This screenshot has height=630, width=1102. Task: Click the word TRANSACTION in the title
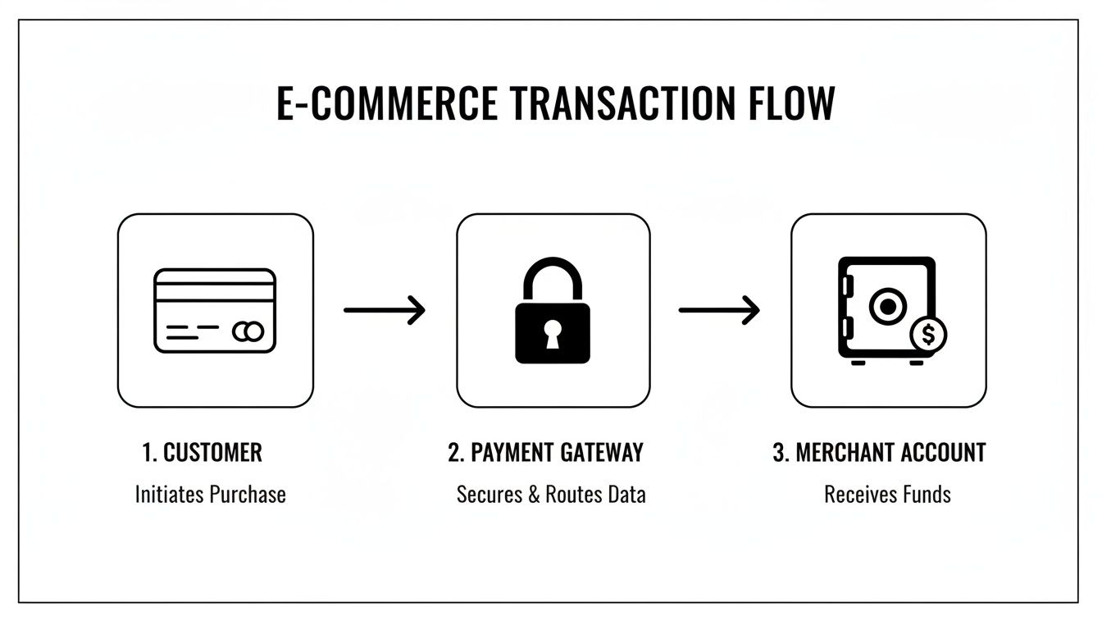pos(624,104)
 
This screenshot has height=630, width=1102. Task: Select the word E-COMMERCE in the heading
pos(386,104)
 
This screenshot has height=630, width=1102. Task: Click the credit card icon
pos(215,311)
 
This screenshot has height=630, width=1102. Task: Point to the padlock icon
pos(552,313)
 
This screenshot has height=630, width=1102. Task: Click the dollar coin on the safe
pos(928,334)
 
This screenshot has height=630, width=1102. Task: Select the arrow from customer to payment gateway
pos(385,310)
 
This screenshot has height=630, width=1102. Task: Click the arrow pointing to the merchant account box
pos(719,310)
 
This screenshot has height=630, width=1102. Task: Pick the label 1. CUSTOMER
pos(202,452)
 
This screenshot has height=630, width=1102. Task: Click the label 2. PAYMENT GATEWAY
pos(545,452)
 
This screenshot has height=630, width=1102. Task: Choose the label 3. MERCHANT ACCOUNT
pos(879,452)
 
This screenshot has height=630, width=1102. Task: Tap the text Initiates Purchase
pos(210,495)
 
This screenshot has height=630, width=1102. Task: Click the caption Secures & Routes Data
pos(551,495)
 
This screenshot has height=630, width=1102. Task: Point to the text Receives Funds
pos(887,495)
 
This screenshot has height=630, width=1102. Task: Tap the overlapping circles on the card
pos(248,331)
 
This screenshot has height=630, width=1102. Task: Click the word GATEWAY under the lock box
pos(603,452)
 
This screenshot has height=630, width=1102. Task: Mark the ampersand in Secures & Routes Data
pos(534,495)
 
